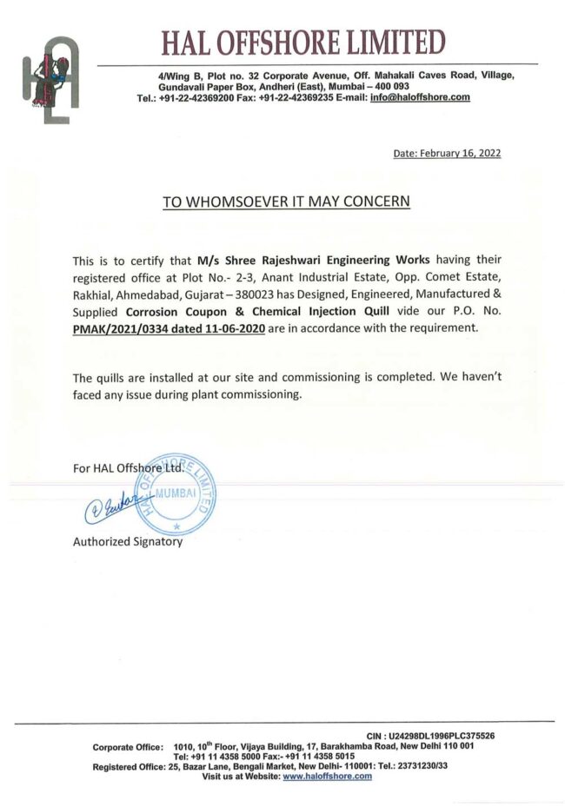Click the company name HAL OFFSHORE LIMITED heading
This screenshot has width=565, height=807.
pyautogui.click(x=302, y=41)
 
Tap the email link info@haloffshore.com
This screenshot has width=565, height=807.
pyautogui.click(x=420, y=98)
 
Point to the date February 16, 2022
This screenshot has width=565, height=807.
pyautogui.click(x=447, y=153)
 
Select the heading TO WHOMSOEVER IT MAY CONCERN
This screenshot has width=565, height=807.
pyautogui.click(x=285, y=202)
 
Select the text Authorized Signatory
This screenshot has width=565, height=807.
pyautogui.click(x=128, y=541)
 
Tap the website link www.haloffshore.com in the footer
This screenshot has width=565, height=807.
pyautogui.click(x=327, y=777)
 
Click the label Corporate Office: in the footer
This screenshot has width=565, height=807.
pyautogui.click(x=128, y=746)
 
